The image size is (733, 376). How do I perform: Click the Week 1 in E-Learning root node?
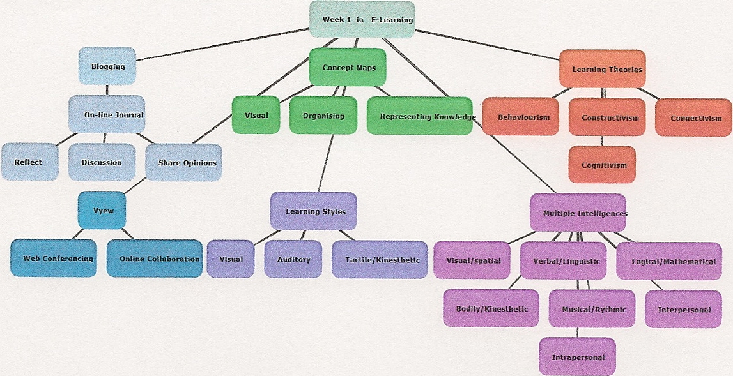[362, 19]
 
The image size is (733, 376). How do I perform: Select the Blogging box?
[107, 66]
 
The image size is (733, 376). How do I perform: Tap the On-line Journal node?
[107, 115]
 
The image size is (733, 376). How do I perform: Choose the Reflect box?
[29, 162]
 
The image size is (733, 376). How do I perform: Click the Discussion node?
[102, 162]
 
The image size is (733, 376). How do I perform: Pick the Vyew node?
[104, 210]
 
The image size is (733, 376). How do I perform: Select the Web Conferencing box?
[54, 259]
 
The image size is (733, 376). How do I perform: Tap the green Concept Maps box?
[348, 67]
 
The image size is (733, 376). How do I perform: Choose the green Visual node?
[256, 116]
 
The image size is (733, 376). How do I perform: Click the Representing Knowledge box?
[420, 116]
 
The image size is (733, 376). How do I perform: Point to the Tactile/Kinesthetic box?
[380, 259]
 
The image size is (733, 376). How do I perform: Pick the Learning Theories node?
[602, 69]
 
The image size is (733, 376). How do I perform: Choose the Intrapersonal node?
[578, 357]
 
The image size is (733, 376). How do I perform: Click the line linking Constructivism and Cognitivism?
[602, 141]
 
